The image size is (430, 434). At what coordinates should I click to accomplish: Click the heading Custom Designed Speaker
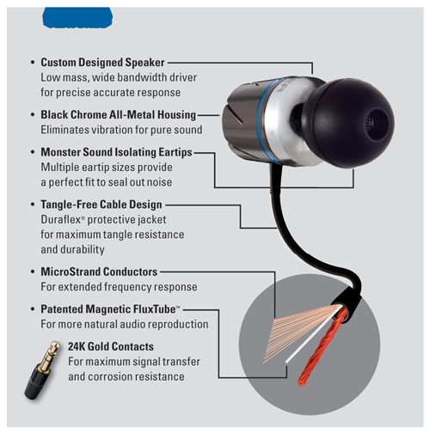tap(102, 63)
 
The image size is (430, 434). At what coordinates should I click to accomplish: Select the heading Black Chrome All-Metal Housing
tap(119, 114)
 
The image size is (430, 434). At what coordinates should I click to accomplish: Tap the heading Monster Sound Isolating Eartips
tap(116, 152)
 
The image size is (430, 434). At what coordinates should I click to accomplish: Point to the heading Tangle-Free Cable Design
tap(101, 205)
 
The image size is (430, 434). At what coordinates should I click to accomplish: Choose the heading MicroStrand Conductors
tap(99, 272)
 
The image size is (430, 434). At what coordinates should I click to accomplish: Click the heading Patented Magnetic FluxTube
tap(110, 309)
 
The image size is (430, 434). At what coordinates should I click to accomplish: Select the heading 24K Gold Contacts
tap(111, 346)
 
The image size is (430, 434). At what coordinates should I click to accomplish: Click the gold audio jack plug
tap(42, 370)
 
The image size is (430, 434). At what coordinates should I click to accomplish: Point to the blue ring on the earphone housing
tap(261, 120)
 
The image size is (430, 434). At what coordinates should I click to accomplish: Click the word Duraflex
tap(62, 220)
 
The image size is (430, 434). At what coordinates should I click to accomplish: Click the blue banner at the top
tap(77, 17)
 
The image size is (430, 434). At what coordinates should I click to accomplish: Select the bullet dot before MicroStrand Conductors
tap(33, 272)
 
